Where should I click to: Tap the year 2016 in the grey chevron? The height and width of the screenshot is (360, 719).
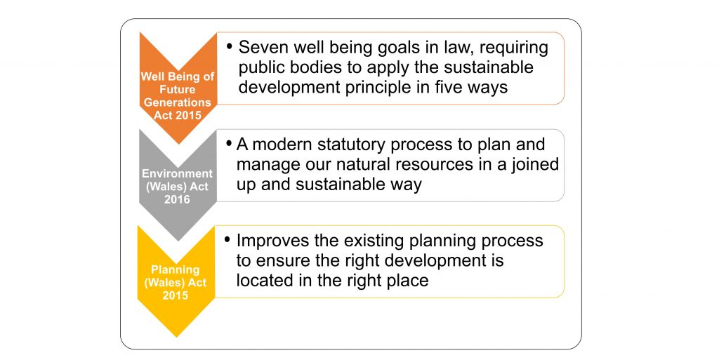(x=177, y=199)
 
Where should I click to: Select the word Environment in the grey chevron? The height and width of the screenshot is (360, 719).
(x=177, y=173)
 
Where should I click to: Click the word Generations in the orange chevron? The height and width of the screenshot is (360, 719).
(x=178, y=102)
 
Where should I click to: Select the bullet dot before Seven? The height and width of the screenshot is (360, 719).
(x=230, y=46)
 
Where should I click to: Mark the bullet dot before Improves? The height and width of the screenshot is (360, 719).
(x=227, y=239)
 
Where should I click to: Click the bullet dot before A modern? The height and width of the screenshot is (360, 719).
(x=230, y=143)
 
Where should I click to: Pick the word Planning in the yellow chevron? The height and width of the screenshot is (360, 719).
(x=175, y=269)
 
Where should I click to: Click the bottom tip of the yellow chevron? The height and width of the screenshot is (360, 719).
(x=176, y=337)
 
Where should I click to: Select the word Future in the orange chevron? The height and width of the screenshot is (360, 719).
(x=178, y=89)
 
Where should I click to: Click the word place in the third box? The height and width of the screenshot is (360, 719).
(x=407, y=281)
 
